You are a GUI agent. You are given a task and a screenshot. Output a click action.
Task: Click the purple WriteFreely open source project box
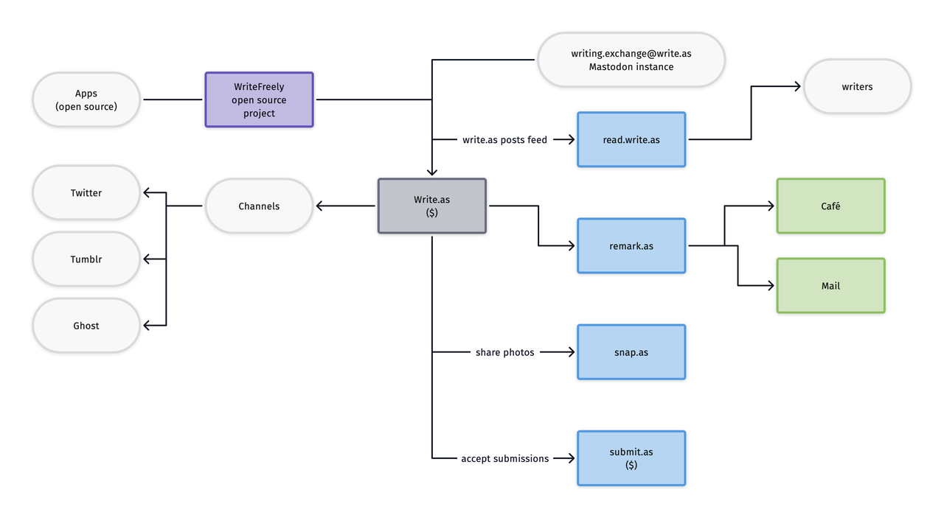(x=259, y=99)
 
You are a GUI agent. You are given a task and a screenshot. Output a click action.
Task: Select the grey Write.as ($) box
(x=431, y=206)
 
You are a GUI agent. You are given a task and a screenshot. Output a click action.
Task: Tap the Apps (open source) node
(x=86, y=99)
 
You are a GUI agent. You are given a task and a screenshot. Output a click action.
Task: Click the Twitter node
(x=86, y=192)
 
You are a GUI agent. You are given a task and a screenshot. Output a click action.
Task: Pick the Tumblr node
(x=86, y=259)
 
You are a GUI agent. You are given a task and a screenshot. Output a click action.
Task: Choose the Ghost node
(x=86, y=325)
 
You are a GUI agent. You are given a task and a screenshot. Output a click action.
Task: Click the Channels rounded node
(x=259, y=206)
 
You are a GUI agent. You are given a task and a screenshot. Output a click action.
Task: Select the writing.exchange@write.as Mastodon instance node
(x=631, y=60)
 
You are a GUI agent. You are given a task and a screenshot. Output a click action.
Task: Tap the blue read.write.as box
(x=631, y=139)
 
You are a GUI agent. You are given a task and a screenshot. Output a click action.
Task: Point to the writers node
(x=857, y=86)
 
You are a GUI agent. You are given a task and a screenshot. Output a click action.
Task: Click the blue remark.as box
(x=631, y=245)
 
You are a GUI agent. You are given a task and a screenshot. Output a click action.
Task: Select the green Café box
(x=830, y=206)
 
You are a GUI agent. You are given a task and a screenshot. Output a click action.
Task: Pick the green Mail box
(x=830, y=285)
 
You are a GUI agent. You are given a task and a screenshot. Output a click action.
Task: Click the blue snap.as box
(x=631, y=351)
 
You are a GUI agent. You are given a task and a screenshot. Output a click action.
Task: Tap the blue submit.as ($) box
(x=631, y=458)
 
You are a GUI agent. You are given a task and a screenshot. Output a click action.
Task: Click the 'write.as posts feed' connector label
(x=504, y=139)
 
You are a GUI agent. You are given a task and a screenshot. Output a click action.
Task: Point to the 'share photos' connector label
(x=504, y=352)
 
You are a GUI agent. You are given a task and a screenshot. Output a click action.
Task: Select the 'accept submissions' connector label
(x=504, y=458)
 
